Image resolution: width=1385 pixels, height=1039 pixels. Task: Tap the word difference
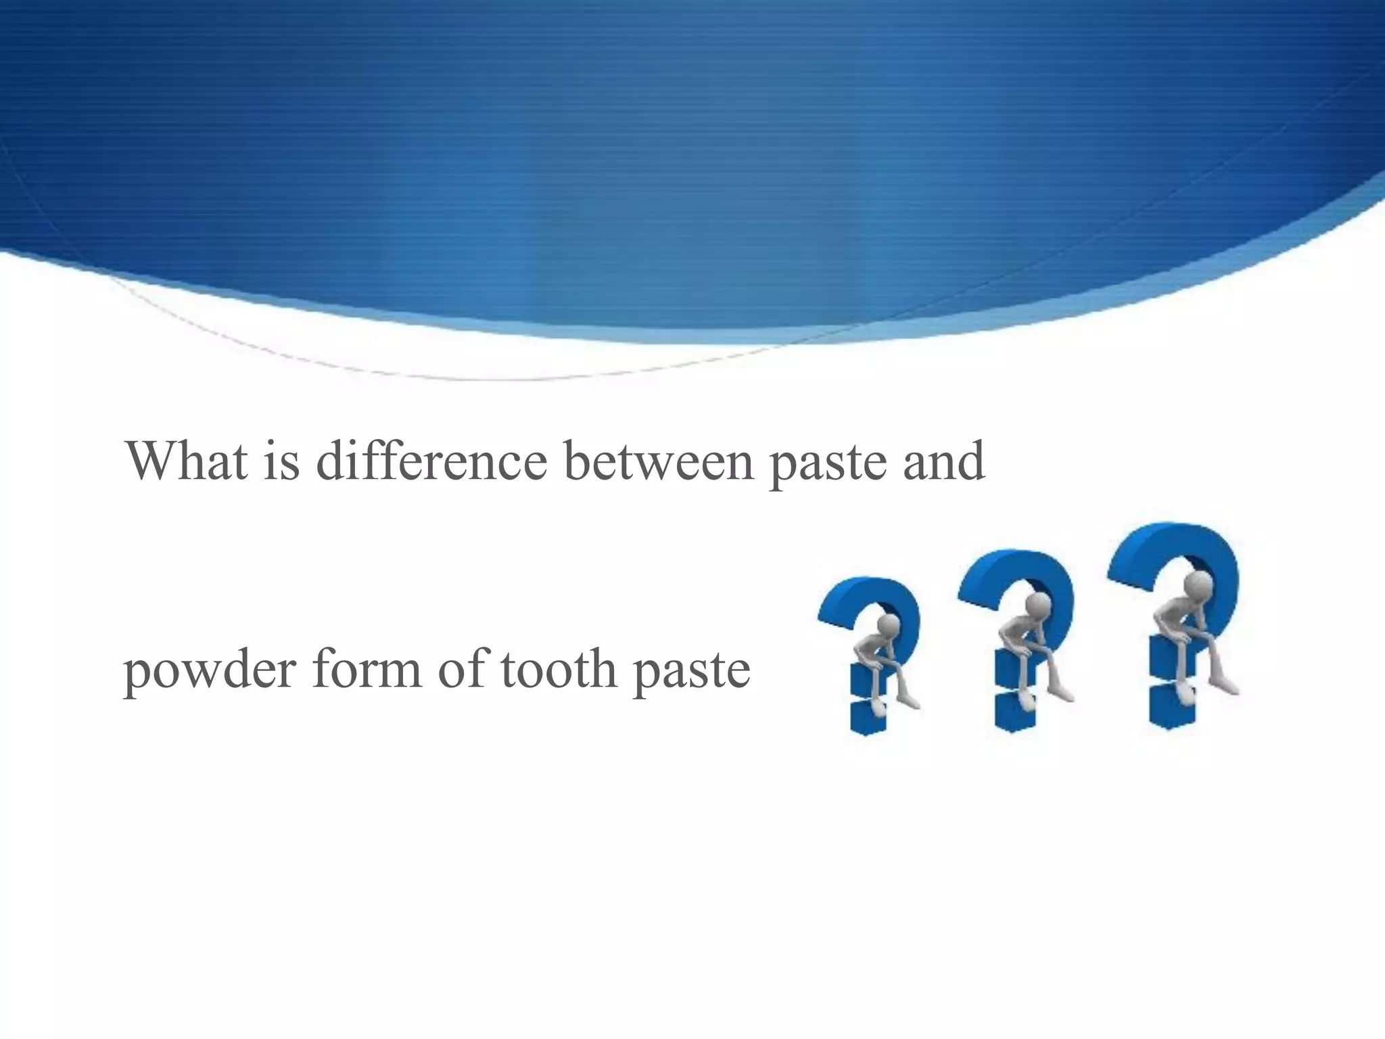pyautogui.click(x=431, y=461)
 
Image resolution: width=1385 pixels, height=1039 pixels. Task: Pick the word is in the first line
pyautogui.click(x=281, y=461)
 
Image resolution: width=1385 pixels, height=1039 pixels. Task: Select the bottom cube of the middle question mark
pyautogui.click(x=1014, y=712)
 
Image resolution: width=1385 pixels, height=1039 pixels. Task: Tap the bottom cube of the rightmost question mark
pyautogui.click(x=1170, y=707)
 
